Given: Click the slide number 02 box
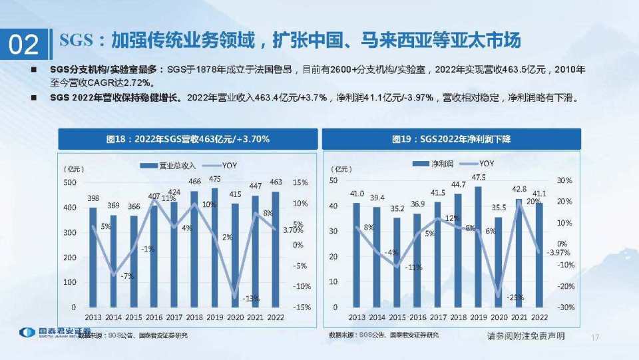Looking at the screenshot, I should pos(23,45).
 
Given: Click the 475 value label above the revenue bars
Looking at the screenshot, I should pos(215,180).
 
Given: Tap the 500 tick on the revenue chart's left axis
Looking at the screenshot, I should pos(69,183).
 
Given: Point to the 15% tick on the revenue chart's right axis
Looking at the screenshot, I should pos(300,183).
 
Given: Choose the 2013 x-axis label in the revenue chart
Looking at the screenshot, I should pos(93,318).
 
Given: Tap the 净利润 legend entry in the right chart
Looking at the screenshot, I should pos(436,164).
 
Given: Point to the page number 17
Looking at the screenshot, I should pos(595,338).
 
